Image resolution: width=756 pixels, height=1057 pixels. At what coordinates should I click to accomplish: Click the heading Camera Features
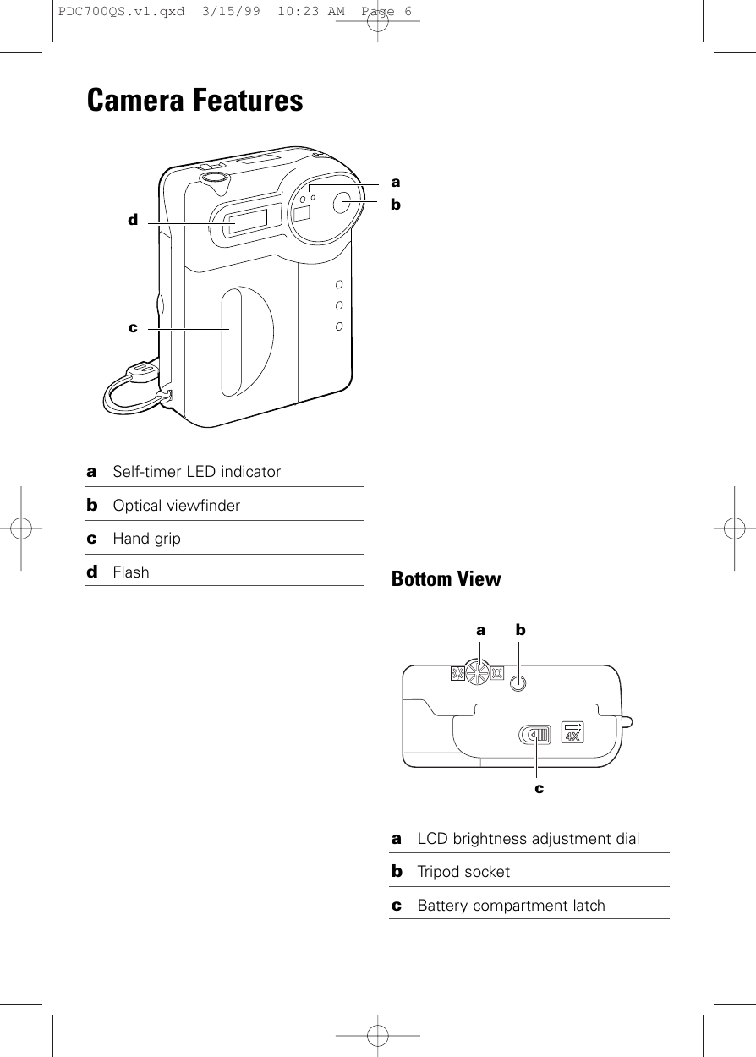click(x=194, y=101)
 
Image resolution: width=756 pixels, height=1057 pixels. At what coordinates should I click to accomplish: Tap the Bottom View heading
click(x=446, y=579)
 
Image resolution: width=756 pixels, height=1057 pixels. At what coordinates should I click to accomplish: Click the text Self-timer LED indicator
click(x=197, y=472)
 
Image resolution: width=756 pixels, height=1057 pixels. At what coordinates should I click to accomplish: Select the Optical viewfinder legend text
click(x=177, y=506)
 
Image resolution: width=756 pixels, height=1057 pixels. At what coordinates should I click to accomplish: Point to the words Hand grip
click(x=147, y=539)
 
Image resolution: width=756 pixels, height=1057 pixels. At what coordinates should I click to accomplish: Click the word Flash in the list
click(x=131, y=572)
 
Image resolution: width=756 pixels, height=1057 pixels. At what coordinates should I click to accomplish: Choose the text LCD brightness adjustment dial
click(x=529, y=839)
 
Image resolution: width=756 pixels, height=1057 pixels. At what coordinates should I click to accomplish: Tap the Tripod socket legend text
click(x=463, y=872)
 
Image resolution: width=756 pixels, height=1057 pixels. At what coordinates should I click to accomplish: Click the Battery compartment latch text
click(x=512, y=906)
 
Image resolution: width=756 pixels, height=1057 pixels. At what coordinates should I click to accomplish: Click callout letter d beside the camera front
click(x=132, y=220)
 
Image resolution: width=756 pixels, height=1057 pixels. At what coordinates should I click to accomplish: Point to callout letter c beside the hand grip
click(x=132, y=326)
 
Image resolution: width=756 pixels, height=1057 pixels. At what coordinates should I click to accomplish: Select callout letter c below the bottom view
click(x=538, y=787)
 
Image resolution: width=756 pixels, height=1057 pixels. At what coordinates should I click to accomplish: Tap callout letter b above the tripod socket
click(x=520, y=630)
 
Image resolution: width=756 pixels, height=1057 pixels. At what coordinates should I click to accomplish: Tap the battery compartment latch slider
click(x=534, y=735)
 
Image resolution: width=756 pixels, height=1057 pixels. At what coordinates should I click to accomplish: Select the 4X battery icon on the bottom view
click(x=573, y=731)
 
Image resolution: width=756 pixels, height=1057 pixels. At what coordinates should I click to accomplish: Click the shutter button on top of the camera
click(x=215, y=177)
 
